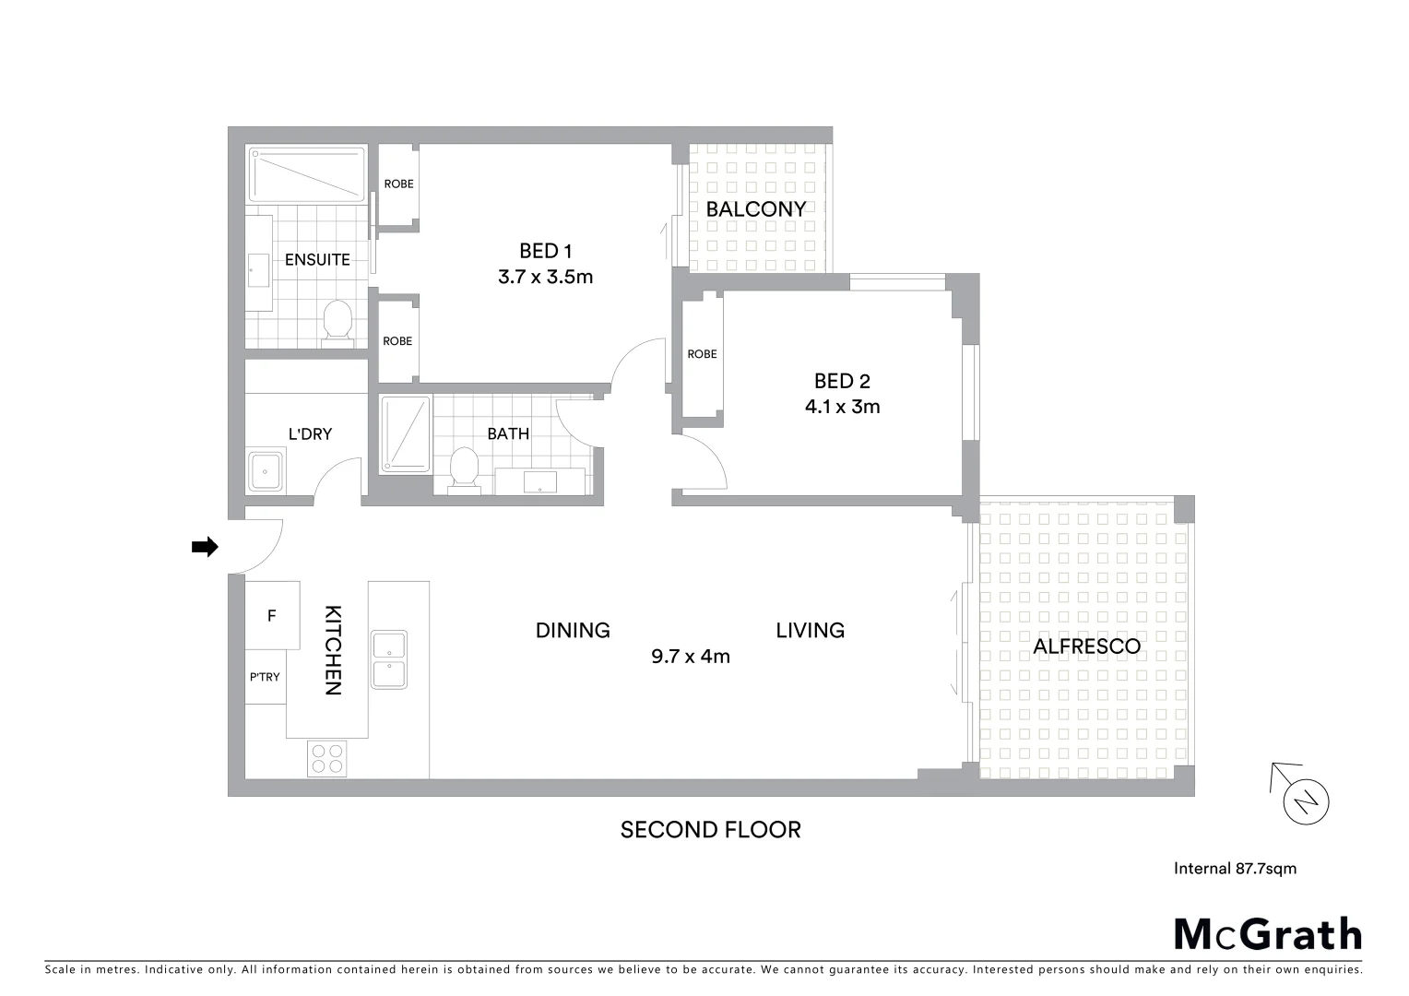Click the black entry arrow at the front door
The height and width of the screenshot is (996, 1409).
[204, 547]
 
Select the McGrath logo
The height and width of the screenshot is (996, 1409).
[1267, 934]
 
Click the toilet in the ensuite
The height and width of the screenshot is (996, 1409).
[337, 322]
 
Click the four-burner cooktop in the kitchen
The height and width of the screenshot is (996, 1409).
[327, 758]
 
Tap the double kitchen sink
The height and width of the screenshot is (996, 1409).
[388, 659]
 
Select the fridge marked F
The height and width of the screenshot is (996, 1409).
[272, 615]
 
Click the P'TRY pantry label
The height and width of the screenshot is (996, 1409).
[265, 677]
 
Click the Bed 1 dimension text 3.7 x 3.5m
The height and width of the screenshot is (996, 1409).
[545, 276]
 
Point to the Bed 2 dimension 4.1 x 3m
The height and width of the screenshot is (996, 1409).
[842, 407]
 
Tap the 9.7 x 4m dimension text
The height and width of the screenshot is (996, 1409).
[691, 657]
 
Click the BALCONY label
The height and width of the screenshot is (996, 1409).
[756, 209]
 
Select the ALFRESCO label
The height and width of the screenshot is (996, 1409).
[1086, 646]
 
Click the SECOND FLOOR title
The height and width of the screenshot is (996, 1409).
[710, 830]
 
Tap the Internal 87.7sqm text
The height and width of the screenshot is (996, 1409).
[1235, 868]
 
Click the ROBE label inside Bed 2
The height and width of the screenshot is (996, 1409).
[702, 354]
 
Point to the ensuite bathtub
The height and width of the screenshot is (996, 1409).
[306, 173]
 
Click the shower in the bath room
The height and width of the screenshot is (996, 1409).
[405, 434]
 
